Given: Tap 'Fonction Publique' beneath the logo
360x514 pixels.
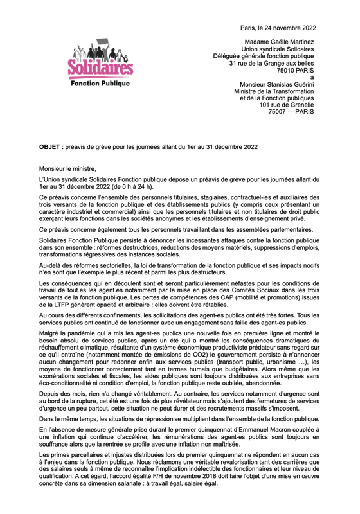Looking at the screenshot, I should pyautogui.click(x=100, y=84).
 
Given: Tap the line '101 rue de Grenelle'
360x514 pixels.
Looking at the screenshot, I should pyautogui.click(x=287, y=105).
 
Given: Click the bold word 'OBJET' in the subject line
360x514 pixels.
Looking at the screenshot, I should pyautogui.click(x=50, y=146).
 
